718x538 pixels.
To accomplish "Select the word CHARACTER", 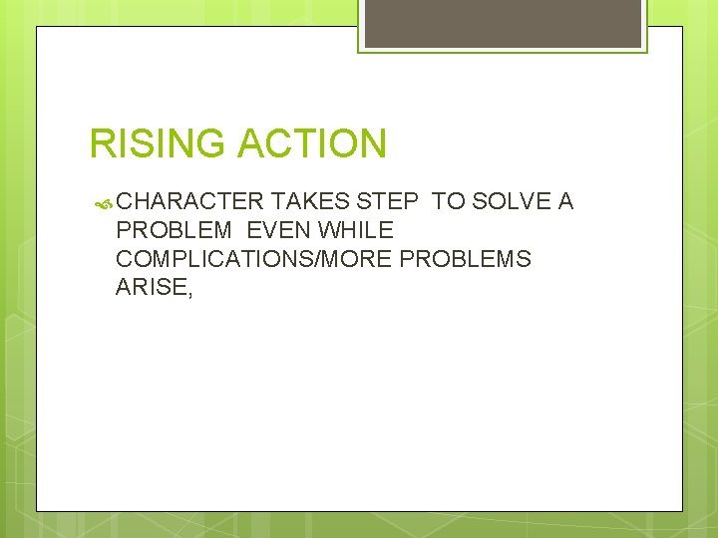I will tap(189, 202).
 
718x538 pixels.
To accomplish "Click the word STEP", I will tap(387, 202).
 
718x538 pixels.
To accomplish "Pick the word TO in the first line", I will tap(449, 202).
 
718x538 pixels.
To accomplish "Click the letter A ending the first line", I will tap(565, 202).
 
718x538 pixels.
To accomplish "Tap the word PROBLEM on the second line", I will tap(175, 231).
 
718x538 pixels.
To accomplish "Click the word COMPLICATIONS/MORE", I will tap(254, 260).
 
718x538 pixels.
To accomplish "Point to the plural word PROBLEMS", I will tap(466, 260).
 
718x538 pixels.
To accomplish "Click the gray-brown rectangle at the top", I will tap(503, 23).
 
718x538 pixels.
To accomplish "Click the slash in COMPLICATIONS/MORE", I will tap(323, 260).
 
